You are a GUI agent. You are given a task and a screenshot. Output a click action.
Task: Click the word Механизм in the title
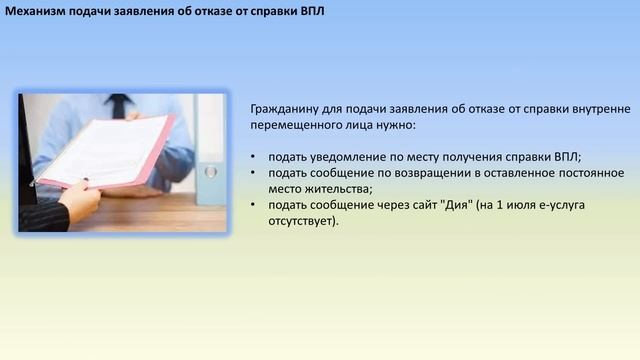[x=35, y=11]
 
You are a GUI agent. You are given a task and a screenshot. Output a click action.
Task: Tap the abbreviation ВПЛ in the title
[x=312, y=11]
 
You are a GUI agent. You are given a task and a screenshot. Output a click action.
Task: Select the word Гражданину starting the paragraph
[x=284, y=109]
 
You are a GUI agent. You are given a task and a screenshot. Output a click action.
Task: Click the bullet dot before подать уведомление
[x=253, y=157]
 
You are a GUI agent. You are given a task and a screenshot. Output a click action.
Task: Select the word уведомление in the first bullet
[x=342, y=157]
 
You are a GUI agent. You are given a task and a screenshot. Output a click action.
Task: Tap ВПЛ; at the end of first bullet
[x=567, y=157]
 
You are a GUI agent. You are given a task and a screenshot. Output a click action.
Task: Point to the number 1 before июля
[x=499, y=204]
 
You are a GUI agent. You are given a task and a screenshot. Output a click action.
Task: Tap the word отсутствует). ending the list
[x=303, y=221]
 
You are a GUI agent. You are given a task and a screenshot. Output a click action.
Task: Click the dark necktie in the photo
[x=118, y=106]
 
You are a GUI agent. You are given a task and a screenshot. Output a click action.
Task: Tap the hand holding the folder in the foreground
[x=80, y=199]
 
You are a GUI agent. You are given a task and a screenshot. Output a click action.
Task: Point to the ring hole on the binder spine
[x=211, y=172]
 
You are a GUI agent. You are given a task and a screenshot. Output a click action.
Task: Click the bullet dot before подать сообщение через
[x=253, y=204]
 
